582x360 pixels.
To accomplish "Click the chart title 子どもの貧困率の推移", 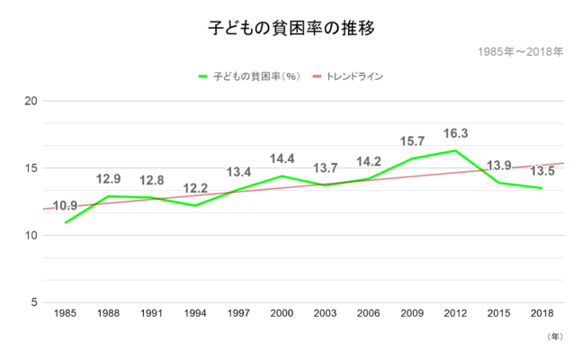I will click(291, 28).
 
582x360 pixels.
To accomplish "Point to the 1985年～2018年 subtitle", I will click(522, 51).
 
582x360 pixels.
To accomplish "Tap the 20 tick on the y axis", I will click(31, 101).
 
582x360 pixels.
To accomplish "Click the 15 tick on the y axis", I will click(31, 168).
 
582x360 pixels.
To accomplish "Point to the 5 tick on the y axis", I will click(34, 302).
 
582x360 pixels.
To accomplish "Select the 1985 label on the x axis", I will click(65, 313).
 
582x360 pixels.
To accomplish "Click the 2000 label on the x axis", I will click(282, 313).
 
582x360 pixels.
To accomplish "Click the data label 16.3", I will click(456, 134).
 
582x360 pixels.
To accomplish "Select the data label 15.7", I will click(413, 142).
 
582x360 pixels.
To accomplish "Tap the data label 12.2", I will click(195, 189).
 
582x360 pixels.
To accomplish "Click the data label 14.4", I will click(282, 159).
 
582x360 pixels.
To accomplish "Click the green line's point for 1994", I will click(195, 205).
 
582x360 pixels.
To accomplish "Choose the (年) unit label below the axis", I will click(554, 336).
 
